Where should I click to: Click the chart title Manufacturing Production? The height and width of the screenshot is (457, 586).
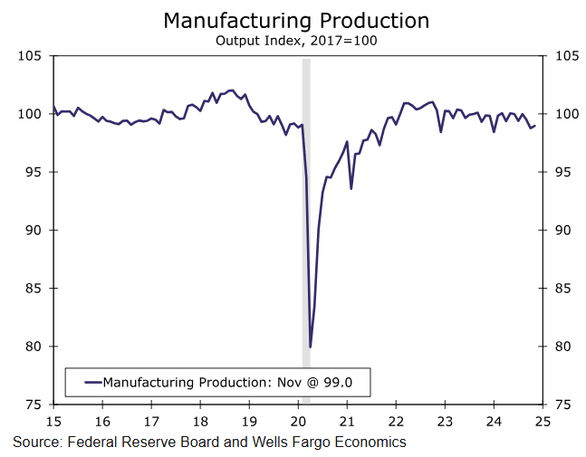coord(296,20)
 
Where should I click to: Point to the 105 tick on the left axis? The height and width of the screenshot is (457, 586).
coord(32,56)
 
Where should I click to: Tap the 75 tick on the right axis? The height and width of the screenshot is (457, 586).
coord(564,405)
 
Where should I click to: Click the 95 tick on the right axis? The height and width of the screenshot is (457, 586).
coord(564,172)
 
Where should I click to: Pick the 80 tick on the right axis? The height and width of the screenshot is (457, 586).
coord(564,347)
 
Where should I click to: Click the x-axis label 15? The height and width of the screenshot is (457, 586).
coord(53,422)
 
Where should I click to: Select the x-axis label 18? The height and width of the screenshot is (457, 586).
coord(200,422)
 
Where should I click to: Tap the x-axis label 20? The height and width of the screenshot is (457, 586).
coord(298,422)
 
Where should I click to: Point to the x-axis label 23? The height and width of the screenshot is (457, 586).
coord(445,422)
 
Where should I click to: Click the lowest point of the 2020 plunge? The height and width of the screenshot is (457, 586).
coord(311,347)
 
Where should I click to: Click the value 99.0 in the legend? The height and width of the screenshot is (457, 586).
coord(336,383)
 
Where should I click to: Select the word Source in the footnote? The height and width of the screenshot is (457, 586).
coord(34,443)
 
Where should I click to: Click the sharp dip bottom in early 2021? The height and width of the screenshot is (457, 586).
coord(351,188)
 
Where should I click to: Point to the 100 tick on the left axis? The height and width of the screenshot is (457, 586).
coord(32,114)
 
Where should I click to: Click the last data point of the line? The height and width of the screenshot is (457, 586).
coord(534,126)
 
